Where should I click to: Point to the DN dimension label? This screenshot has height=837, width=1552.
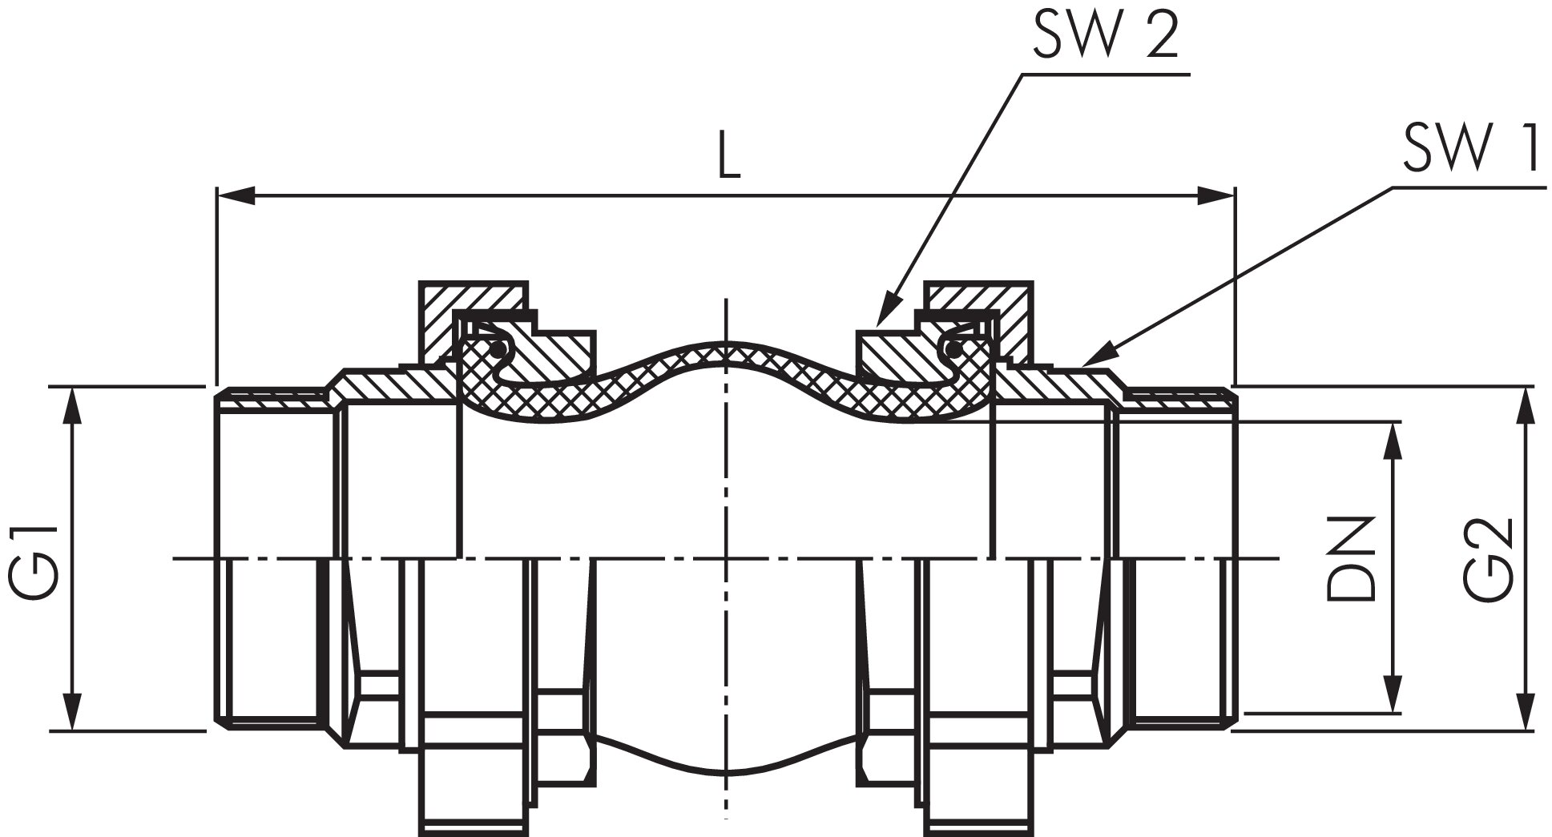[x=1349, y=557]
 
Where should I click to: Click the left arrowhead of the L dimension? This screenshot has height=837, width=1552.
[x=236, y=195]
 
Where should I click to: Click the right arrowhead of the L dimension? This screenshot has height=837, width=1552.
[x=1215, y=195]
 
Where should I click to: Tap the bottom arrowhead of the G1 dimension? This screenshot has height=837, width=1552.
[x=73, y=711]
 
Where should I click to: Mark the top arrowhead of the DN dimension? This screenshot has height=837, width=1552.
[x=1395, y=441]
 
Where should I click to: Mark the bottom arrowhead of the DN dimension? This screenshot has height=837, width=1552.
[x=1395, y=693]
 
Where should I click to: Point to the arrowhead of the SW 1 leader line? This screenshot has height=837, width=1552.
[x=1097, y=356]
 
